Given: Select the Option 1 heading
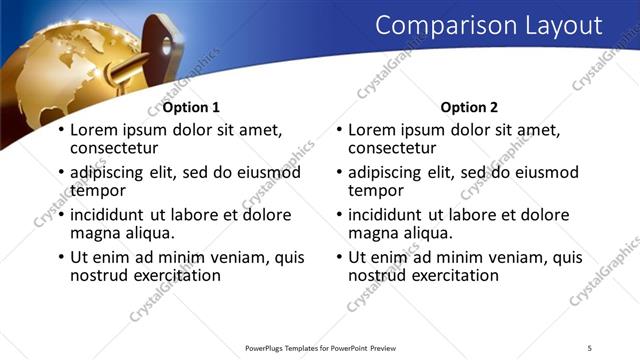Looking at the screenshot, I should point(191,108).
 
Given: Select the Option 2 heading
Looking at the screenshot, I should point(468,108).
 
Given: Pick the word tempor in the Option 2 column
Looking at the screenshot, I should point(375,189).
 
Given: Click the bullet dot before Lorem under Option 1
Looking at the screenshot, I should point(61,131).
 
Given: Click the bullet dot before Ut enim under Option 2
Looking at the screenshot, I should point(339,258).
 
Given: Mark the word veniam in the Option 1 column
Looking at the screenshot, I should point(219,257).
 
